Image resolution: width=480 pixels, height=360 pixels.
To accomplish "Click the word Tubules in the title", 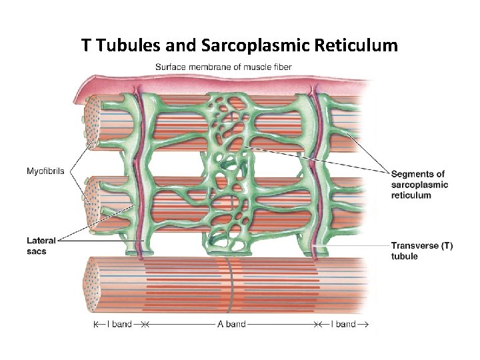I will (126, 45).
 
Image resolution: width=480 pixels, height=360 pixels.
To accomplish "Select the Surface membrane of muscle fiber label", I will (223, 67).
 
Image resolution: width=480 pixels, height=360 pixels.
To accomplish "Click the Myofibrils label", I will (45, 171).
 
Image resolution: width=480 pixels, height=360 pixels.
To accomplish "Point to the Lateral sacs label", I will (41, 246).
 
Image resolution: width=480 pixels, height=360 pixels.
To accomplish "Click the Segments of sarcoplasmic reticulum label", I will (419, 185).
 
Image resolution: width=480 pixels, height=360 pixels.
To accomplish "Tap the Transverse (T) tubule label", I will (421, 251).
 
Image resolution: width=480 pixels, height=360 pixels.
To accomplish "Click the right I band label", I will (342, 324).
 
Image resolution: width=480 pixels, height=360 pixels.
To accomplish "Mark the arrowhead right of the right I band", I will (364, 324).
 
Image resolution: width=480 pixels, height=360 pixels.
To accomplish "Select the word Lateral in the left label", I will (41, 241).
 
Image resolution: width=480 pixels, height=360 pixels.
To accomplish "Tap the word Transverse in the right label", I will (414, 245).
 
